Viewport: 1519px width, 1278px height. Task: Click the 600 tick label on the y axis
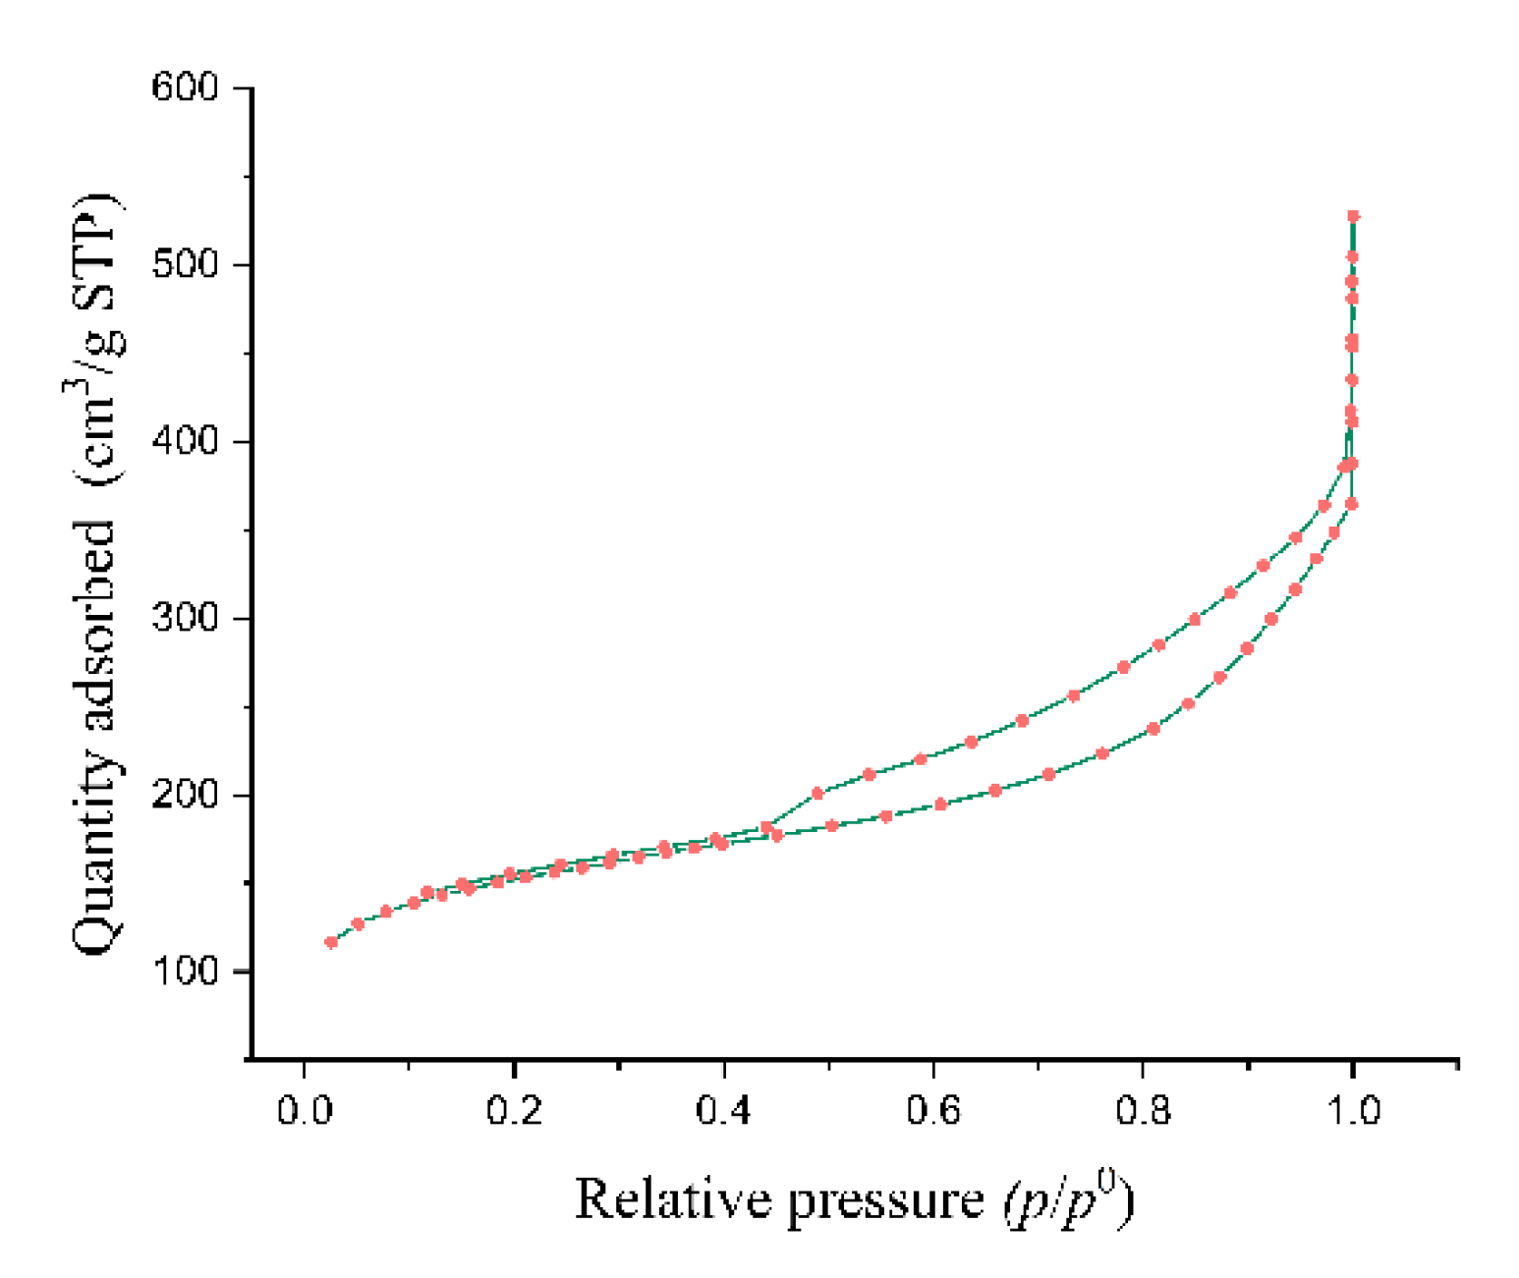point(185,87)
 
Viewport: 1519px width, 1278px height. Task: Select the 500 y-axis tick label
point(185,264)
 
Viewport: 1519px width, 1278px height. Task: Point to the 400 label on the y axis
point(185,441)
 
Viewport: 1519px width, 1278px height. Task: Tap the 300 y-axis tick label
point(185,618)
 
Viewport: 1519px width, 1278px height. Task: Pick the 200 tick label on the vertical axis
point(185,795)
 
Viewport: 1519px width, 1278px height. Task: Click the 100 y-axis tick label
point(185,972)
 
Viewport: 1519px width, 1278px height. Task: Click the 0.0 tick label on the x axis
point(305,1111)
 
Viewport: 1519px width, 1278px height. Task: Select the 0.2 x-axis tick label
point(514,1111)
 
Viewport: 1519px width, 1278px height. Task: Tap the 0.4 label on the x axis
point(723,1111)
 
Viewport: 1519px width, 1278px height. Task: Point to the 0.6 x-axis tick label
point(933,1111)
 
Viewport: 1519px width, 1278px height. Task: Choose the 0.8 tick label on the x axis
point(1143,1111)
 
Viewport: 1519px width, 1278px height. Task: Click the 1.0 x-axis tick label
point(1353,1111)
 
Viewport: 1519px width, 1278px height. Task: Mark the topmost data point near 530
point(1353,216)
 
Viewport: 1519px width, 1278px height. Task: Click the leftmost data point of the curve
point(331,942)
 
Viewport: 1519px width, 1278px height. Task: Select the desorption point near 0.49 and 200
point(817,793)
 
